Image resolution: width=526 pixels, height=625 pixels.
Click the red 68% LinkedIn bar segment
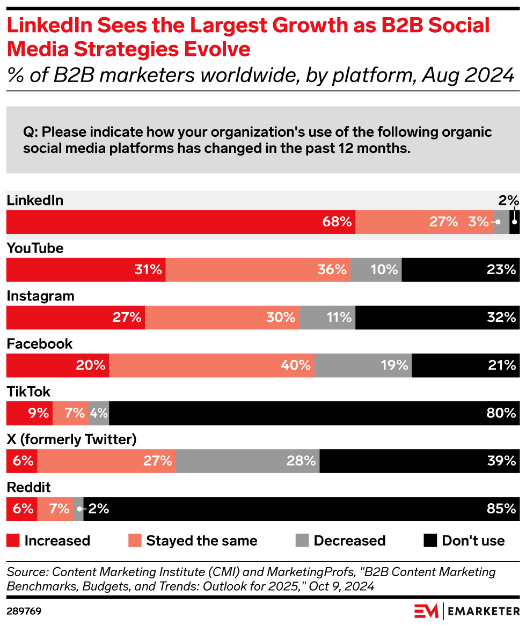[x=181, y=222]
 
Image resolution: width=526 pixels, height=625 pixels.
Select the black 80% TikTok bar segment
[x=314, y=413]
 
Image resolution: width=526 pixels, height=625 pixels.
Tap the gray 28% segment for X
[x=247, y=461]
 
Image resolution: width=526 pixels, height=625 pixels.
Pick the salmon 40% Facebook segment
[x=211, y=365]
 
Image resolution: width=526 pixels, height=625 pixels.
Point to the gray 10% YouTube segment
[x=376, y=269]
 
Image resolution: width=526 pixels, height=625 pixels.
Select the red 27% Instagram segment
[x=76, y=318]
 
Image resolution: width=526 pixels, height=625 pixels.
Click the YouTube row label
[x=35, y=248]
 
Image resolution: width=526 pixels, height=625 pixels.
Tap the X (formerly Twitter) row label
[x=71, y=440]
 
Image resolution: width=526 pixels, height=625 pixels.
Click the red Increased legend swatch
[x=13, y=540]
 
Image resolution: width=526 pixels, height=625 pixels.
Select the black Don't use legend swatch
[x=430, y=540]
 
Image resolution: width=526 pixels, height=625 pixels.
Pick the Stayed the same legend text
[x=201, y=541]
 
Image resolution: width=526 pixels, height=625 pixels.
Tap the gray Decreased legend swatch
[x=302, y=540]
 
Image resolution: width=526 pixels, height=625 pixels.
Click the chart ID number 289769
[x=24, y=611]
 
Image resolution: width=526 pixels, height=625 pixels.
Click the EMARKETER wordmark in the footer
[x=483, y=611]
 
